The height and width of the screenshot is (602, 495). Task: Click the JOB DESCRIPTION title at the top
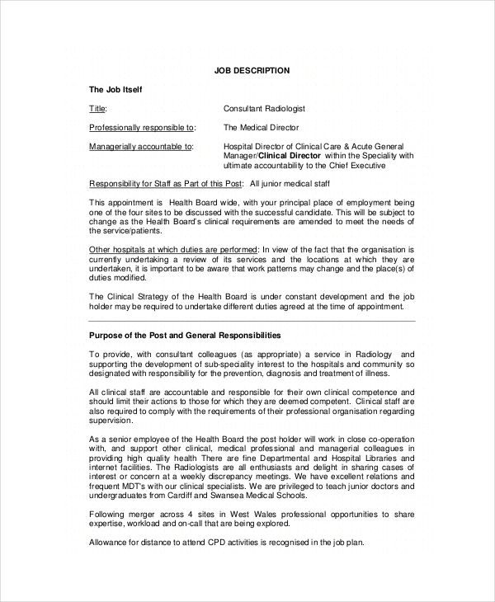point(252,71)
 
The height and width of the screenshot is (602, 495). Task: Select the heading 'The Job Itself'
point(115,89)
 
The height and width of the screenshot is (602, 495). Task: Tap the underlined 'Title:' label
point(98,109)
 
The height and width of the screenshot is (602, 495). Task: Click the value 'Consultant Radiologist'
point(264,109)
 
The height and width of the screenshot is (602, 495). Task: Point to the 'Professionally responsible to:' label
point(142,128)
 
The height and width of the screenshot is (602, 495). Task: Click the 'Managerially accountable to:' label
point(140,147)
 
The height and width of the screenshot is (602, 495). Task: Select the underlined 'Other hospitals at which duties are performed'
point(173,249)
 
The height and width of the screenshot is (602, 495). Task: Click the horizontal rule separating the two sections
point(252,321)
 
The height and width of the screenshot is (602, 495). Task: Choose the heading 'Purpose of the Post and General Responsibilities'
point(185,336)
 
